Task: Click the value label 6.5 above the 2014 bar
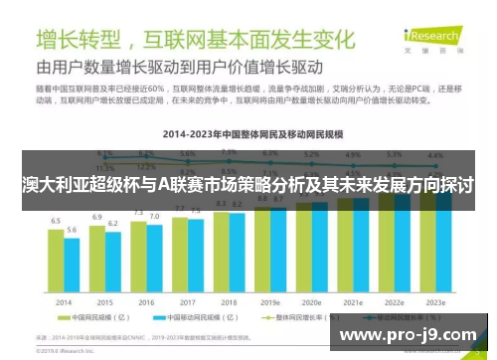coord(57,220)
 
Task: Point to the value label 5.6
coord(72,230)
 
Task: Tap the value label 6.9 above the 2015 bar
coord(97,216)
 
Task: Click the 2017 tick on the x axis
coord(187,301)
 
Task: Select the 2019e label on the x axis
coord(270,301)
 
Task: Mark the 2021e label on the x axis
coord(354,301)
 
